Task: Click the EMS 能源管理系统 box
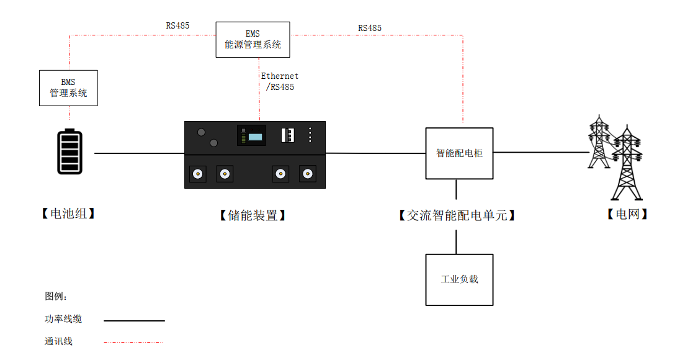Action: [x=253, y=40]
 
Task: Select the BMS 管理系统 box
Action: [x=68, y=88]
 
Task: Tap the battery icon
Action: [x=69, y=151]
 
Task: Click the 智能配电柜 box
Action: [x=459, y=153]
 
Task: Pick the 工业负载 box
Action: [x=459, y=280]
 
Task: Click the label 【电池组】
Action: [x=68, y=214]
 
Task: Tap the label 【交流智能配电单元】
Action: [x=457, y=215]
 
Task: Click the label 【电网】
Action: [x=627, y=214]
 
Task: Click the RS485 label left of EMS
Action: [x=177, y=26]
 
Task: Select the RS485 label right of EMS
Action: [x=370, y=28]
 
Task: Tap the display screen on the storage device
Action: [x=251, y=135]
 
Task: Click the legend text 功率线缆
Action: [x=63, y=319]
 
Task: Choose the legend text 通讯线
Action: [x=58, y=341]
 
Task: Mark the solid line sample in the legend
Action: [x=134, y=321]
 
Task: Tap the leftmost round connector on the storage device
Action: [x=198, y=174]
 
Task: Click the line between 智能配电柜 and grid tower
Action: [x=540, y=152]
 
